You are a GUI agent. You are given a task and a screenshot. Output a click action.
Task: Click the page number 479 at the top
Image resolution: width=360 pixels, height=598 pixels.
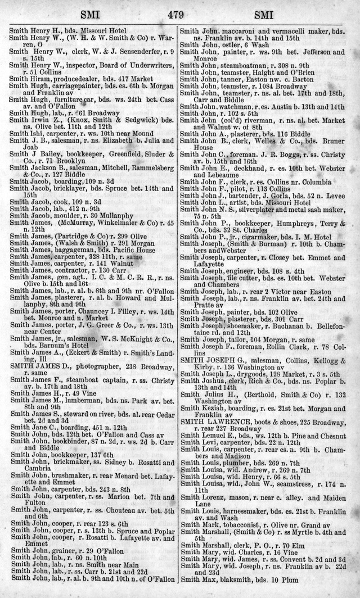point(179,15)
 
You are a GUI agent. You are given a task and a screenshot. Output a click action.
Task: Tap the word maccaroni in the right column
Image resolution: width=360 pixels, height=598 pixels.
point(240,29)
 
